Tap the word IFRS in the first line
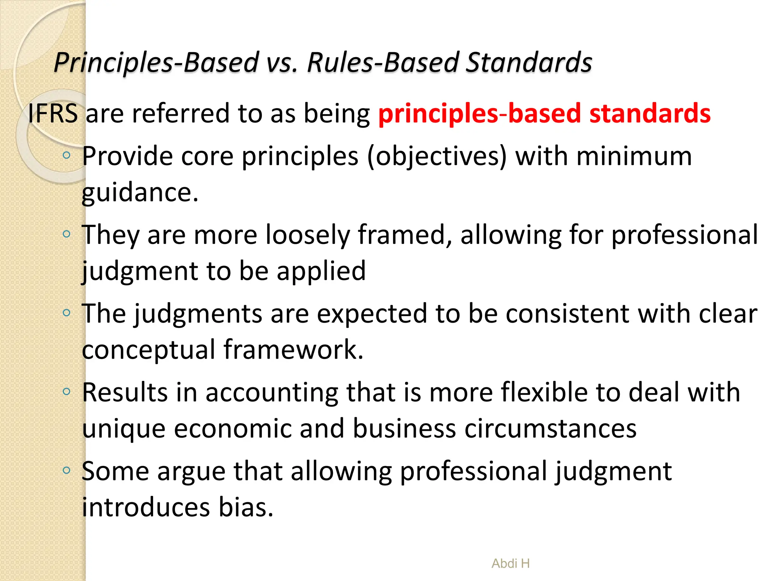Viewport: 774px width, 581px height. click(53, 113)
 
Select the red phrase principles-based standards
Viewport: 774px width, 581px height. click(544, 113)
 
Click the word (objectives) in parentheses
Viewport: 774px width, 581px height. click(437, 156)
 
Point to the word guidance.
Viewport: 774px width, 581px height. click(140, 193)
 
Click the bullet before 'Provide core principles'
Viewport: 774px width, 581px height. click(67, 155)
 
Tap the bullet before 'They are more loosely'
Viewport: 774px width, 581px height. click(67, 234)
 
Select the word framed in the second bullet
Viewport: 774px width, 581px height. click(404, 235)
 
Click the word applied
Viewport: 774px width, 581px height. click(321, 271)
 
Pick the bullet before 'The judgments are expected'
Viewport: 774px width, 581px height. click(67, 313)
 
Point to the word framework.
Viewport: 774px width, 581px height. click(293, 350)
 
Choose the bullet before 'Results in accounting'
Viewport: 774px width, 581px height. click(67, 391)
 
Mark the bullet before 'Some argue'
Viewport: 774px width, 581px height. click(67, 470)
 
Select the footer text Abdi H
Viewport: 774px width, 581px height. click(510, 564)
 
